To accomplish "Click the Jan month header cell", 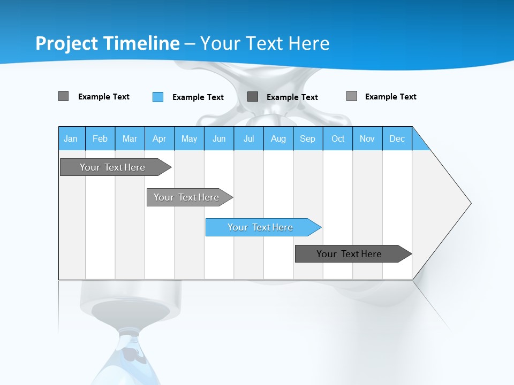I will point(71,138).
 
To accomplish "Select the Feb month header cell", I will point(100,138).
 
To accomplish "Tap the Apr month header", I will point(160,138).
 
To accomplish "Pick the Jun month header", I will point(219,138).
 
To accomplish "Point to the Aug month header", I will point(278,138).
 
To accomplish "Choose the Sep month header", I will point(308,138).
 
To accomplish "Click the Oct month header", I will point(338,138).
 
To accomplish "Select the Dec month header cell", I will point(397,138).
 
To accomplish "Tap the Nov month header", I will point(367,138).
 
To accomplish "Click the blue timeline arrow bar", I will point(262,227).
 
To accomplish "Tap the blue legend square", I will point(158,97).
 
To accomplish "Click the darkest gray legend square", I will point(253,96).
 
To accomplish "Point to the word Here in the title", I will point(308,43).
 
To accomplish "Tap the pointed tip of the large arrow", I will point(470,203).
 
